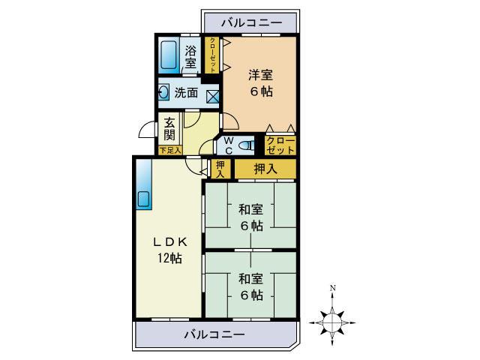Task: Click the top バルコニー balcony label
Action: [x=251, y=23]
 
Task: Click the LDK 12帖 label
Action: [x=169, y=250]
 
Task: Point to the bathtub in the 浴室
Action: [x=168, y=55]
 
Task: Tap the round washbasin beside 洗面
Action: [x=164, y=94]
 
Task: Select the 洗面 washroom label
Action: [x=186, y=94]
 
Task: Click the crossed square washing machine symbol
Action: [x=212, y=95]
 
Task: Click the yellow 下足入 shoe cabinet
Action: [x=169, y=150]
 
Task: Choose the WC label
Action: [x=229, y=144]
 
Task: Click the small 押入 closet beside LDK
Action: [x=220, y=169]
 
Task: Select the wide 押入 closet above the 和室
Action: [x=265, y=169]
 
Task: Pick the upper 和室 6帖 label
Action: [x=250, y=217]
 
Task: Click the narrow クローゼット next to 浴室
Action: [x=213, y=55]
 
